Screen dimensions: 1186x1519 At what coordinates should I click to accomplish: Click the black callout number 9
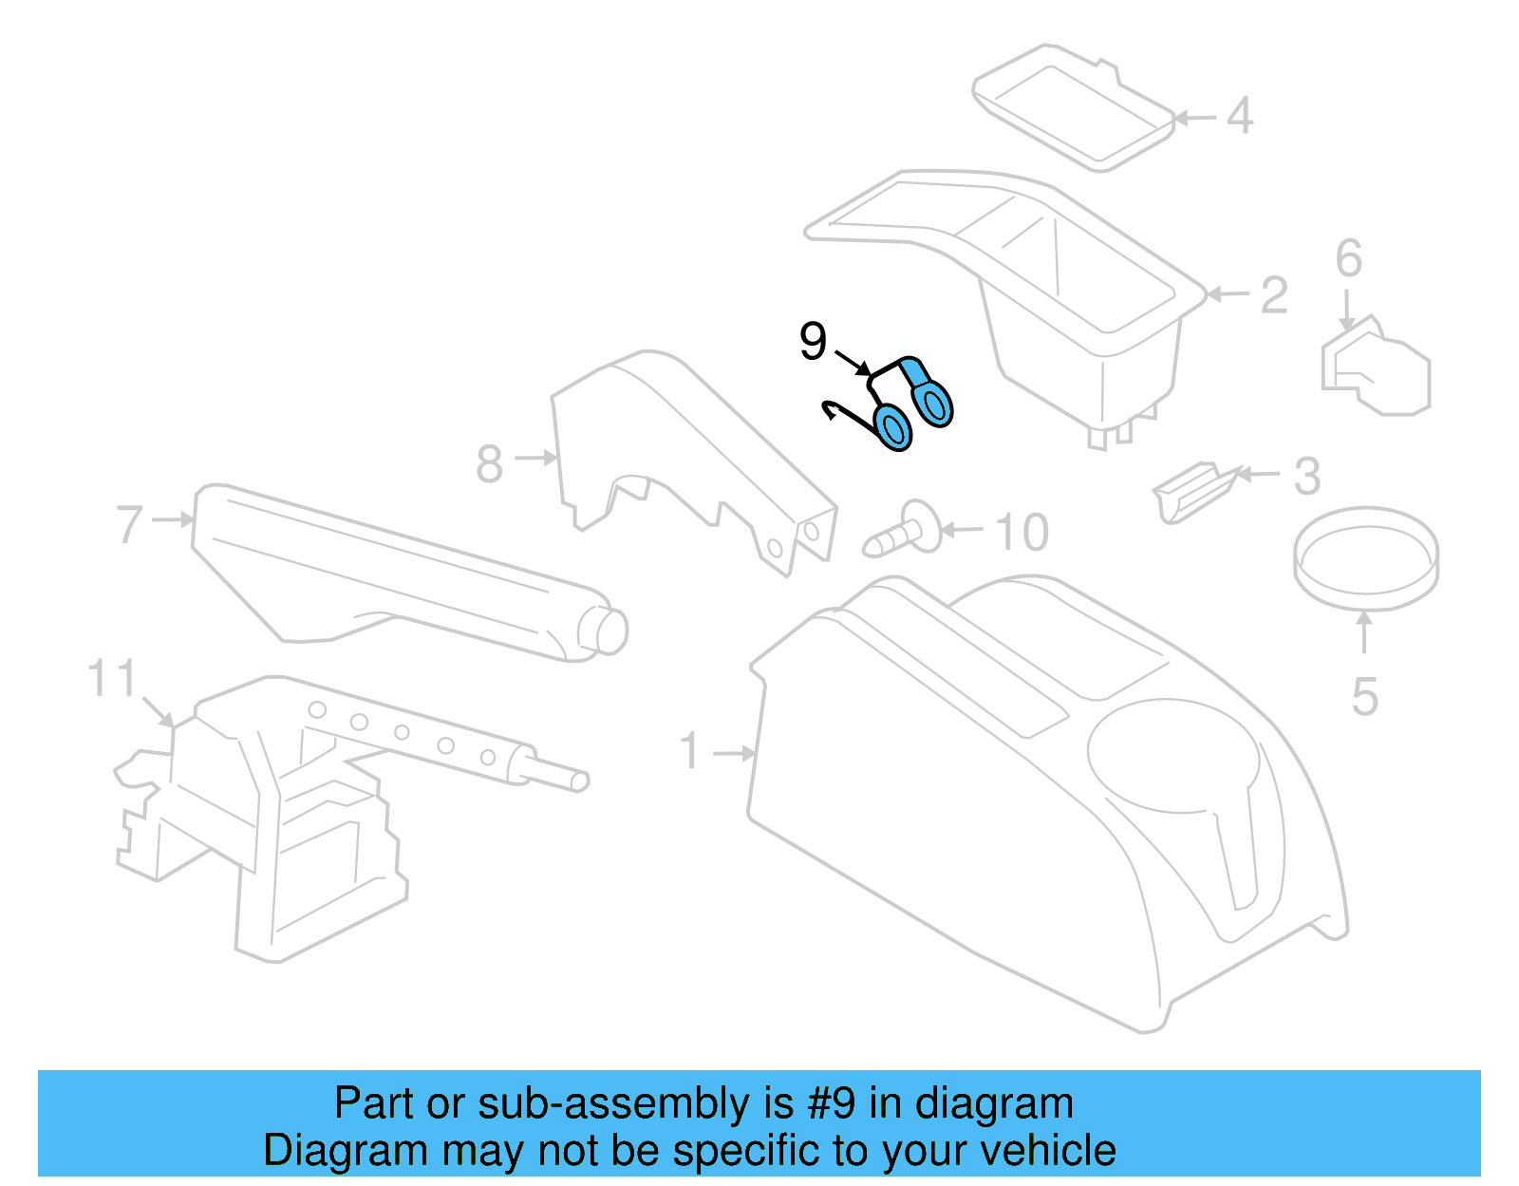(x=813, y=342)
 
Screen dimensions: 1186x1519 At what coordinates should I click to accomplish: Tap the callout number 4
(x=1240, y=117)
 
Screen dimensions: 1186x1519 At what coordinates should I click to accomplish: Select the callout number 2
(x=1273, y=295)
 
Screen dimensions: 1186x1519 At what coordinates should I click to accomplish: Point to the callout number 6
(x=1348, y=259)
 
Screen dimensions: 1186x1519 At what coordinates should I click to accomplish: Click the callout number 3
(x=1307, y=476)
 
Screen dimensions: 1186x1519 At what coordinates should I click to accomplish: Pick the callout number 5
(x=1364, y=697)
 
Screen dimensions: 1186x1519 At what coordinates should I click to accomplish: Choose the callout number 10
(x=1022, y=532)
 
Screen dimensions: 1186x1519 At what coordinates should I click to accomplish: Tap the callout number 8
(x=489, y=464)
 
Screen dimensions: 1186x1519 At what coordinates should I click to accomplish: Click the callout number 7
(x=129, y=524)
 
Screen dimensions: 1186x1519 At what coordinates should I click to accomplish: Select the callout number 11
(x=111, y=680)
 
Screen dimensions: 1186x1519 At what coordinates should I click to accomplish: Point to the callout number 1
(x=690, y=751)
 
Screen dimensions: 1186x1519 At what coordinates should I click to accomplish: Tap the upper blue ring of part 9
(x=935, y=403)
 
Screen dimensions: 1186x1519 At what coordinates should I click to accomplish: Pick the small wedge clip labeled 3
(x=1192, y=491)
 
